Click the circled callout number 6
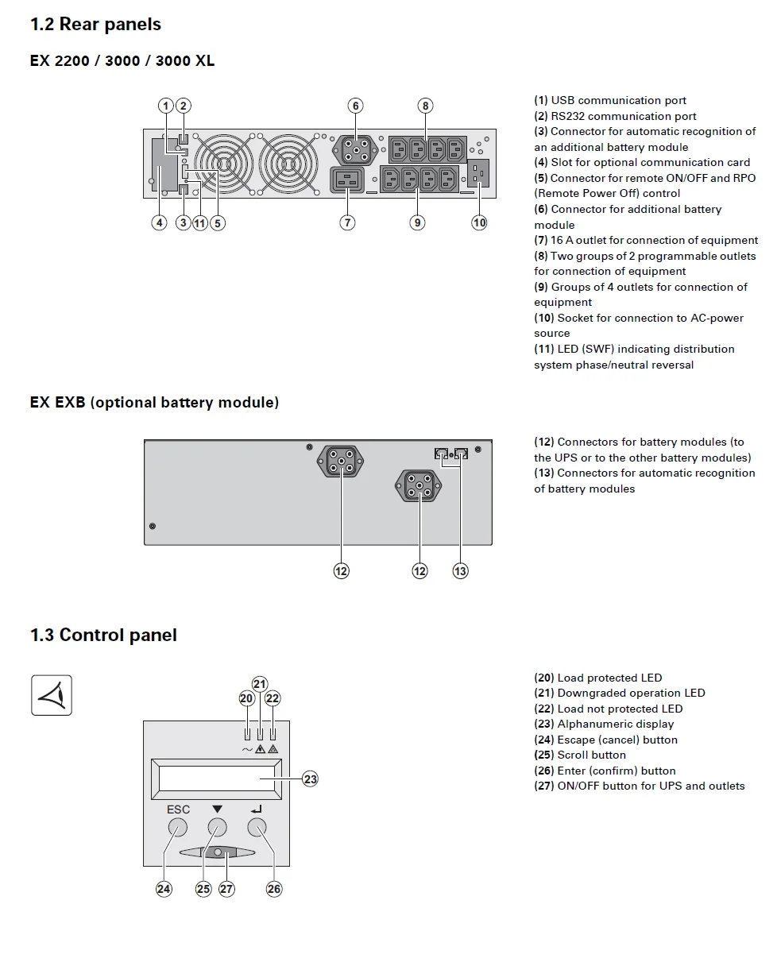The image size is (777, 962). tap(355, 106)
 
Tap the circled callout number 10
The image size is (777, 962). tap(479, 222)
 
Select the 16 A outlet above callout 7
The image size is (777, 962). tap(347, 180)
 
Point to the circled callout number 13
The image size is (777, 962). tap(460, 570)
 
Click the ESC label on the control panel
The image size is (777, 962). tap(178, 809)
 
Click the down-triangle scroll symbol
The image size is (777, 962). tap(217, 809)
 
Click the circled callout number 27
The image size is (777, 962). tap(227, 889)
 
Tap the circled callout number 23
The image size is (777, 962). tap(310, 779)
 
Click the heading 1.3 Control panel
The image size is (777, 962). tap(103, 635)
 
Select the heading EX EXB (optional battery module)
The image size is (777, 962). tap(154, 403)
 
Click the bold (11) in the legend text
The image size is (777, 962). tap(543, 350)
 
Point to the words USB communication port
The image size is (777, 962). tap(618, 100)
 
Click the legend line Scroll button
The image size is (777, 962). tap(591, 755)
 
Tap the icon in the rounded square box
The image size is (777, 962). tap(52, 695)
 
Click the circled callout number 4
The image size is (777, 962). tap(160, 222)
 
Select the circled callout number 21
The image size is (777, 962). tap(260, 684)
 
